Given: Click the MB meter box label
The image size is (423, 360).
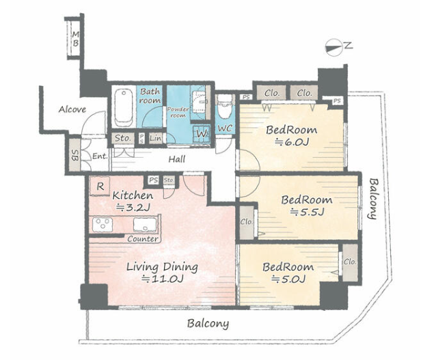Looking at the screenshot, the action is click(x=76, y=39).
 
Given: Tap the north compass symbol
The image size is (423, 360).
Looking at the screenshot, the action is click(x=333, y=47).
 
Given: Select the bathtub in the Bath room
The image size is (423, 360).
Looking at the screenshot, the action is click(x=124, y=108).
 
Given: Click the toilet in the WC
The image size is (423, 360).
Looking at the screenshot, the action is click(x=225, y=107).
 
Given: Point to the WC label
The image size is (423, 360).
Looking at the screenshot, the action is click(x=225, y=128).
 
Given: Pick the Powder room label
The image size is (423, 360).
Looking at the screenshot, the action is click(x=178, y=112).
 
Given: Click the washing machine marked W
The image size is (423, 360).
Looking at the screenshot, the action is click(x=202, y=133).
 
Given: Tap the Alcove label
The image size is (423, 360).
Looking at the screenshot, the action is click(x=72, y=109).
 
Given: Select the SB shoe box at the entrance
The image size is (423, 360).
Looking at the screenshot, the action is click(x=74, y=155).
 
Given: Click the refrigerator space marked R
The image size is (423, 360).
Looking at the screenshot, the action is click(x=100, y=186).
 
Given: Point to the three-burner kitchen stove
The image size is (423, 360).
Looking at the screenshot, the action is click(x=103, y=224).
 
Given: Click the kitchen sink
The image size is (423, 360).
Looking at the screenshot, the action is click(x=145, y=224).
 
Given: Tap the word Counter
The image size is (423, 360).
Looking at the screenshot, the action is click(x=143, y=238).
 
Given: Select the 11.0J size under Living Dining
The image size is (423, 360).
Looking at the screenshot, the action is click(x=163, y=279).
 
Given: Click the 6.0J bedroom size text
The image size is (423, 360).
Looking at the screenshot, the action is click(x=291, y=142).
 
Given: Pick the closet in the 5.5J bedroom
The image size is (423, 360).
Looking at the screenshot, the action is click(x=247, y=222).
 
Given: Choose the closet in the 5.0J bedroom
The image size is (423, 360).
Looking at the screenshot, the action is click(x=350, y=262).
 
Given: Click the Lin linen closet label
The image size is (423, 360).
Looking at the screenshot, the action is click(x=156, y=139).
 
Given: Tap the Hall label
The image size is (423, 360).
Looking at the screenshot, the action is click(x=177, y=159).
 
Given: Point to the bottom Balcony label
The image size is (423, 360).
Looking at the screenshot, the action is click(x=208, y=323).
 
